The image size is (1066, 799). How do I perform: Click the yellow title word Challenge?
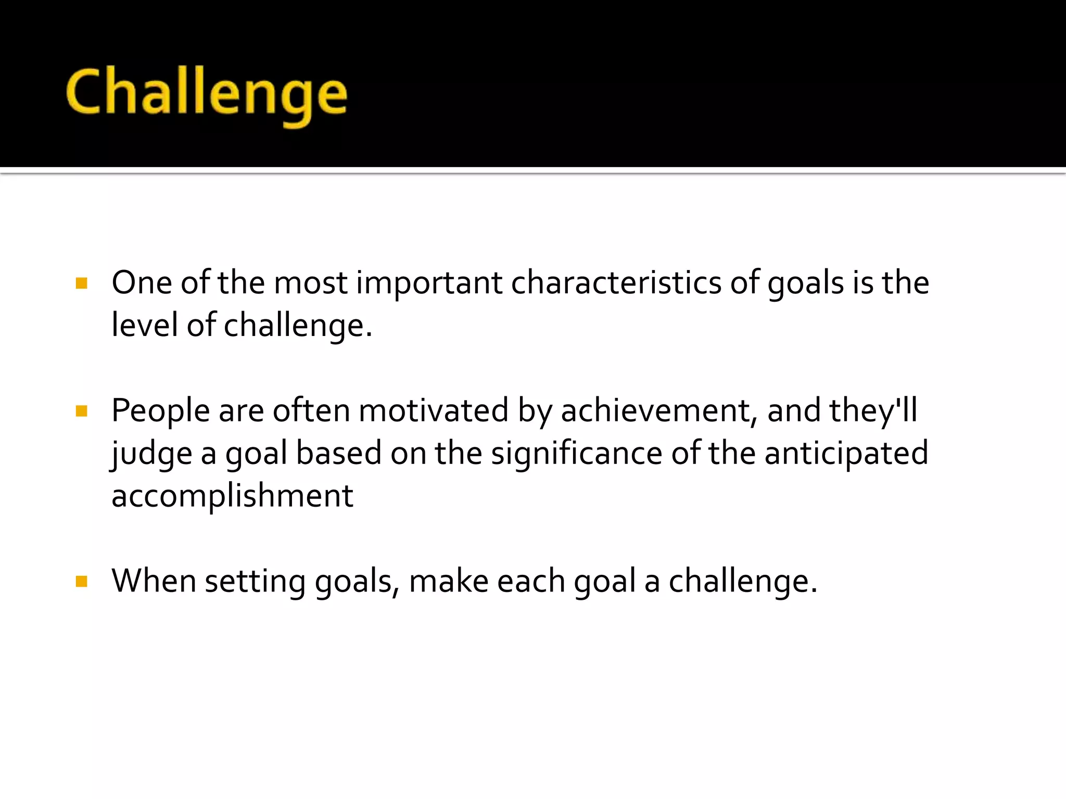[206, 94]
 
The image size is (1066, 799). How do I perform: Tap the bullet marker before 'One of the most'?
[81, 283]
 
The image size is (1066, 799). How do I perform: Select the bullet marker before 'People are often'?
[81, 411]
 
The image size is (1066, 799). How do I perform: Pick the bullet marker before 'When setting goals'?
[81, 581]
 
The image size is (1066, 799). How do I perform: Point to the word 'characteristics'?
[616, 283]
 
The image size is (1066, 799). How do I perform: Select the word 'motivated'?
[433, 411]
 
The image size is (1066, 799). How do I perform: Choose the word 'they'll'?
[873, 411]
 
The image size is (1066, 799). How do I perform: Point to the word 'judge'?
[151, 454]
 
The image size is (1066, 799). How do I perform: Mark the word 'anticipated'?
[846, 453]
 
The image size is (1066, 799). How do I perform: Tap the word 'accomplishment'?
[232, 496]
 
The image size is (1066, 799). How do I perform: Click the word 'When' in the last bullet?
[154, 581]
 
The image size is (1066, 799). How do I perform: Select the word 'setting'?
[255, 582]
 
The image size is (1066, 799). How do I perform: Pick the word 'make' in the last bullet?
[449, 581]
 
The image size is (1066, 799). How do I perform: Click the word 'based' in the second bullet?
[339, 453]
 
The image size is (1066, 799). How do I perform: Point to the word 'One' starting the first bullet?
[142, 283]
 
